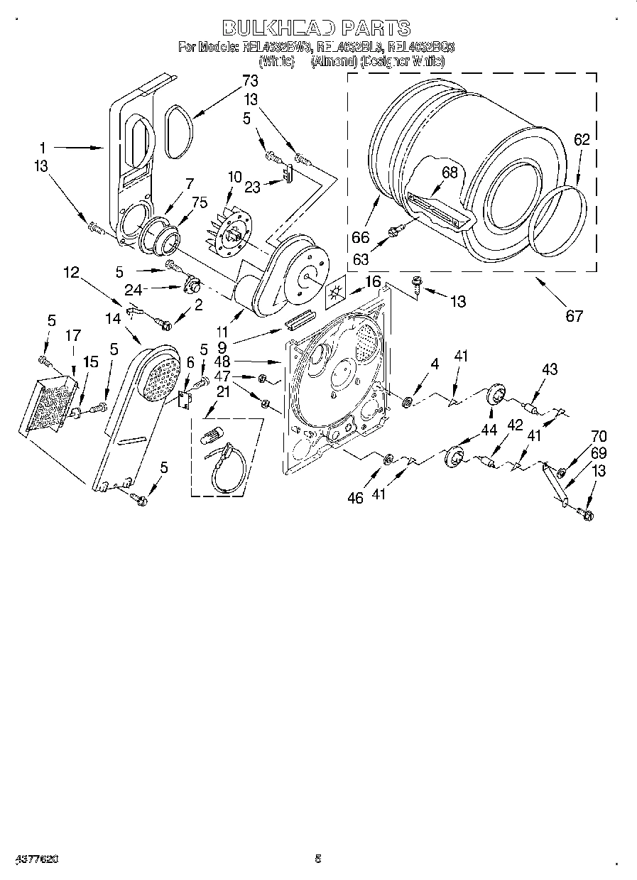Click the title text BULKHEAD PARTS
pyautogui.click(x=317, y=28)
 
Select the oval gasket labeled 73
pyautogui.click(x=178, y=131)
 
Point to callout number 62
pyautogui.click(x=582, y=141)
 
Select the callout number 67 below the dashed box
pyautogui.click(x=573, y=316)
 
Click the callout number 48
pyautogui.click(x=222, y=361)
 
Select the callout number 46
pyautogui.click(x=355, y=498)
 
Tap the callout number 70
pyautogui.click(x=599, y=437)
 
